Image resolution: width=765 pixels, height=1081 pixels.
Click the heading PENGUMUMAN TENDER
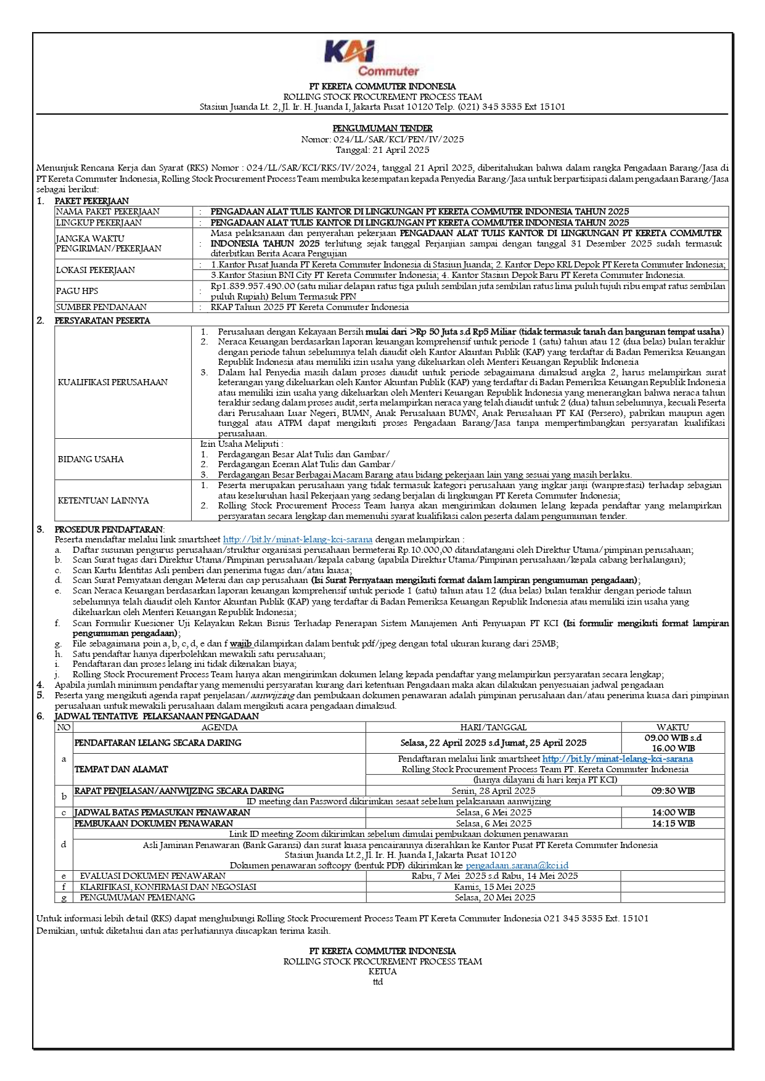click(x=382, y=128)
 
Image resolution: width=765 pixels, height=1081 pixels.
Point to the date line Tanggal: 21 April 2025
click(x=382, y=150)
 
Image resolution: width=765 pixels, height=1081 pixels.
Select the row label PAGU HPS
click(x=77, y=291)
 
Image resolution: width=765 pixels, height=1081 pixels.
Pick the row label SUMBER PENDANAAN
click(x=101, y=307)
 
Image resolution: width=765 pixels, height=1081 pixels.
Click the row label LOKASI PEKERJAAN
click(x=95, y=270)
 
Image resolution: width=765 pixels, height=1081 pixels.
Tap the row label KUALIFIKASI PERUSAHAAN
click(x=112, y=382)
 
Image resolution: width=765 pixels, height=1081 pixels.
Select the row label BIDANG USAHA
click(x=91, y=459)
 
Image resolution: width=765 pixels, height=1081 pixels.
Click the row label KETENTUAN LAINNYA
click(x=103, y=500)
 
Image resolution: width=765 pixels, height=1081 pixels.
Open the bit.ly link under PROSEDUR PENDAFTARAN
click(x=297, y=539)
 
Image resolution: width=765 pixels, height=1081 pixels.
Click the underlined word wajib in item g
click(x=241, y=643)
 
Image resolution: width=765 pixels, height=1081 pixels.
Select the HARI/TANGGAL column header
click(x=493, y=727)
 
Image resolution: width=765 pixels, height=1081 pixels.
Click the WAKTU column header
click(x=673, y=727)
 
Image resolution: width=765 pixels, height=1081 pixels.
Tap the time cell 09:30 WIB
click(x=673, y=791)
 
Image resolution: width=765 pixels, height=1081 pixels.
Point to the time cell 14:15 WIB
click(x=673, y=823)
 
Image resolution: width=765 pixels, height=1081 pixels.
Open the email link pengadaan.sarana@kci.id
click(x=517, y=865)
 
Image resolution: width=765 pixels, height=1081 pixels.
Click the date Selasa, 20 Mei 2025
click(x=494, y=897)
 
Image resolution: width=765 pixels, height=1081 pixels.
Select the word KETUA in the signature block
click(x=382, y=971)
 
